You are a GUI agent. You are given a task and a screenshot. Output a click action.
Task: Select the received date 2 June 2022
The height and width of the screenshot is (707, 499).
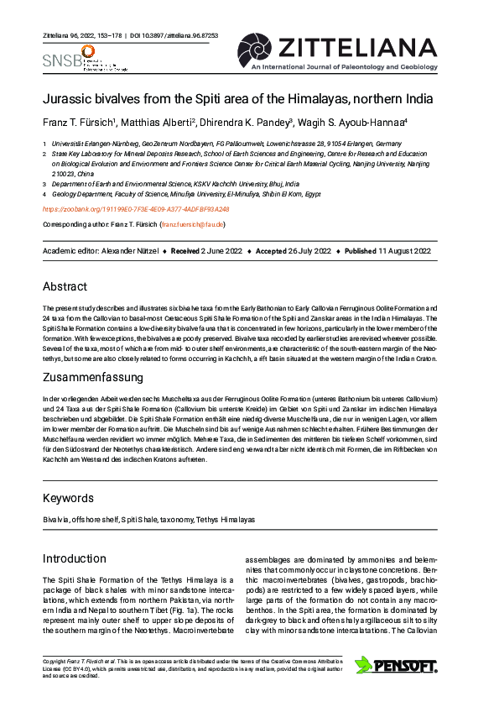click(220, 251)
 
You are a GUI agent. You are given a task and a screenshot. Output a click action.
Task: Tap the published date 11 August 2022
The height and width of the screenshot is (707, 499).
click(403, 251)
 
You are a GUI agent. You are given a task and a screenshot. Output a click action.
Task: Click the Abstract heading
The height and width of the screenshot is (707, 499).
click(65, 286)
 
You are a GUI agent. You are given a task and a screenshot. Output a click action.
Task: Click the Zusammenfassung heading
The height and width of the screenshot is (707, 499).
click(96, 378)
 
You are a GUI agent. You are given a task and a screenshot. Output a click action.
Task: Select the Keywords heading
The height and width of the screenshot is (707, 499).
click(70, 498)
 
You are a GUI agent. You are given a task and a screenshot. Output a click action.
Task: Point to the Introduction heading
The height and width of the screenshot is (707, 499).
click(75, 558)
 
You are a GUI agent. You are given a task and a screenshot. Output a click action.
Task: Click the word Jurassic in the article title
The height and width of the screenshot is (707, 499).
click(66, 98)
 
